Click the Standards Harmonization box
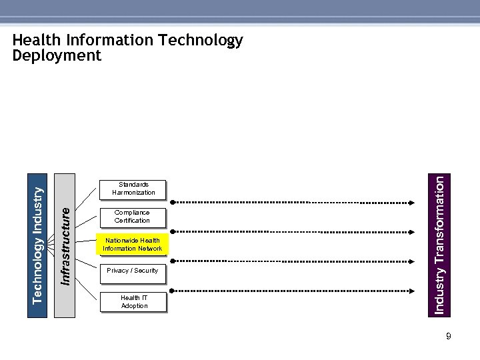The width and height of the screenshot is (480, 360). (133, 189)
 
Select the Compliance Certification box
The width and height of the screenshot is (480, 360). (132, 217)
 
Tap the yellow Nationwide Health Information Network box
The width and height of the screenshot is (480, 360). (132, 245)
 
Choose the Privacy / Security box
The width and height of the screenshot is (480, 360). (132, 271)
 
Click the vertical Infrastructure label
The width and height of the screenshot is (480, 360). (65, 245)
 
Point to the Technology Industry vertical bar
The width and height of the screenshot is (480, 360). (38, 245)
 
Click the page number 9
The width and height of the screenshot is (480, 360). (449, 337)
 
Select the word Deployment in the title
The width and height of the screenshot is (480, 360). (57, 55)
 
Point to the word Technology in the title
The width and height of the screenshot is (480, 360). (201, 40)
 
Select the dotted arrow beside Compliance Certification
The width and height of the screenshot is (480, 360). (293, 231)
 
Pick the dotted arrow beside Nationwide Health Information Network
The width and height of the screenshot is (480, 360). (293, 260)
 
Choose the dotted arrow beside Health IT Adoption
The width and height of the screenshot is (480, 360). (293, 291)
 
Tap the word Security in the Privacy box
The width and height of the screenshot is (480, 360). (146, 271)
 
